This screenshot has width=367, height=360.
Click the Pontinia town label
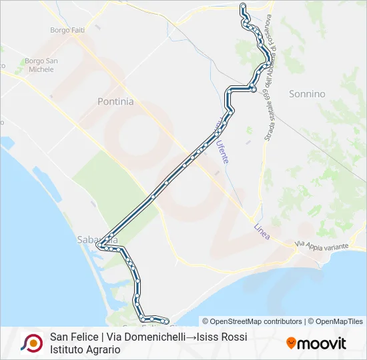click(115, 102)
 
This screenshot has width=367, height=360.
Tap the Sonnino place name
click(307, 94)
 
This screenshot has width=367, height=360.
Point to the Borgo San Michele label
click(43, 65)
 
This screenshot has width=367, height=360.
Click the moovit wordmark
click(322, 344)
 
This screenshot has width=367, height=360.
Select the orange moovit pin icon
click(291, 343)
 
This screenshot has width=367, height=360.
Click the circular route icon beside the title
click(31, 343)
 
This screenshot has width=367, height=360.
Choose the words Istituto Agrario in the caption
click(85, 349)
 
